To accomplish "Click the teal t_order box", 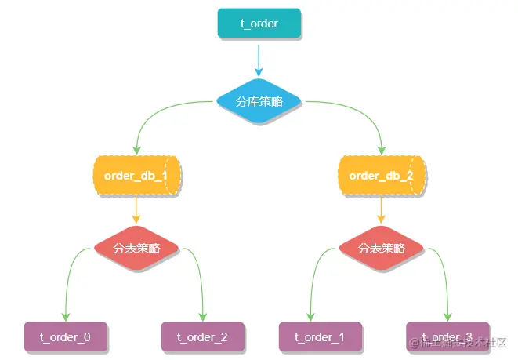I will pos(259,24).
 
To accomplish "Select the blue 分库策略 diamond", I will pos(259,102).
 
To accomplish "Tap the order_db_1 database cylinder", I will pos(136,176).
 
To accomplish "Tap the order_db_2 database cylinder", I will pos(382,176).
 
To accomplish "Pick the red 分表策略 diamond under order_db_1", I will pos(136,249).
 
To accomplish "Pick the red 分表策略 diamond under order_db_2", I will pos(382,249).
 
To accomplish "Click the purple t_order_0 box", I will pos(66,337).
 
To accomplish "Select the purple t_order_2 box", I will pos(202,337).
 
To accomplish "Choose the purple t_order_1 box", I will pos(320,337).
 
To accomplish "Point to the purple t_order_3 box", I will pos(447,337).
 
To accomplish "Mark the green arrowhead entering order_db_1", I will pos(136,150).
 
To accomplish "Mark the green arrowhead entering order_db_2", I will pos(382,150).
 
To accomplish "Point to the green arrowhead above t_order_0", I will pos(66,317).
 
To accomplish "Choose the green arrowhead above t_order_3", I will pos(447,317).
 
